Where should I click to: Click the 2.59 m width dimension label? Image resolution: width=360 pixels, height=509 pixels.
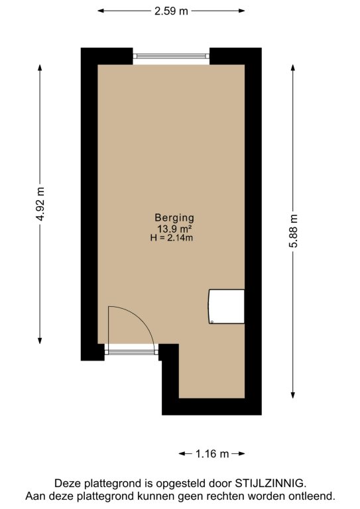point(171,11)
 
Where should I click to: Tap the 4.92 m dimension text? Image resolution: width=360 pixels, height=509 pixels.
point(40,204)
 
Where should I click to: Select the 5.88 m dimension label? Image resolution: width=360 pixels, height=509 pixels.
point(293,231)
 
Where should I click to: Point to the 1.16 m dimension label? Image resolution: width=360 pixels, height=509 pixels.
point(212,453)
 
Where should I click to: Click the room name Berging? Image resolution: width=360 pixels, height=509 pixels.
point(174,218)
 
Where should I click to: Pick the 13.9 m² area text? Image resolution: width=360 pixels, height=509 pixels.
point(174,229)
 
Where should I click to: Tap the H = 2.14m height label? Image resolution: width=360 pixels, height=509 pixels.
point(172,238)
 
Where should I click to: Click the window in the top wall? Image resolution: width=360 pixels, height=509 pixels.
point(171,56)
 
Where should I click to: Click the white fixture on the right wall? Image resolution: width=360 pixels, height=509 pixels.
point(226,306)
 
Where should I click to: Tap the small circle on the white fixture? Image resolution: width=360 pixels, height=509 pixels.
point(211,322)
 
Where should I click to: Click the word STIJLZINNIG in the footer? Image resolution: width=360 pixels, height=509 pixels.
point(270,483)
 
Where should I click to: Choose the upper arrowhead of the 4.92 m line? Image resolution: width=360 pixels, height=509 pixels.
point(40,68)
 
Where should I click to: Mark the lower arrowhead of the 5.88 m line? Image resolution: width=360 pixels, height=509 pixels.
point(293,395)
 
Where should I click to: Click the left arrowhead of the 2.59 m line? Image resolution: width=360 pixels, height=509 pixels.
point(101,11)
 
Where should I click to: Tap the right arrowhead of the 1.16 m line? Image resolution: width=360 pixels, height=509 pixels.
point(241,453)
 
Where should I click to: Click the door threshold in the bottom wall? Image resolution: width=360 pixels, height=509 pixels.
point(131,352)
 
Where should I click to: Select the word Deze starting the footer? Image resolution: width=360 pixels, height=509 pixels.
point(68,483)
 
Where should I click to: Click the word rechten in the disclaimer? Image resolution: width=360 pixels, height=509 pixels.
point(225,496)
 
